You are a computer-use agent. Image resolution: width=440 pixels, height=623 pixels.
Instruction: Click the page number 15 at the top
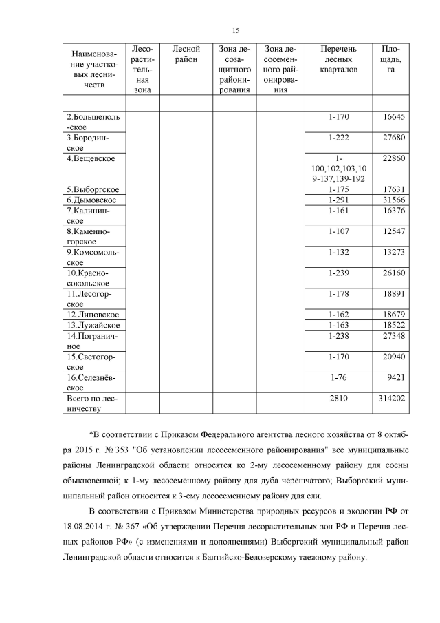[x=236, y=30]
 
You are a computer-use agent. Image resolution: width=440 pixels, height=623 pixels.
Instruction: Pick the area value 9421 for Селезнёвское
[x=396, y=377]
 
